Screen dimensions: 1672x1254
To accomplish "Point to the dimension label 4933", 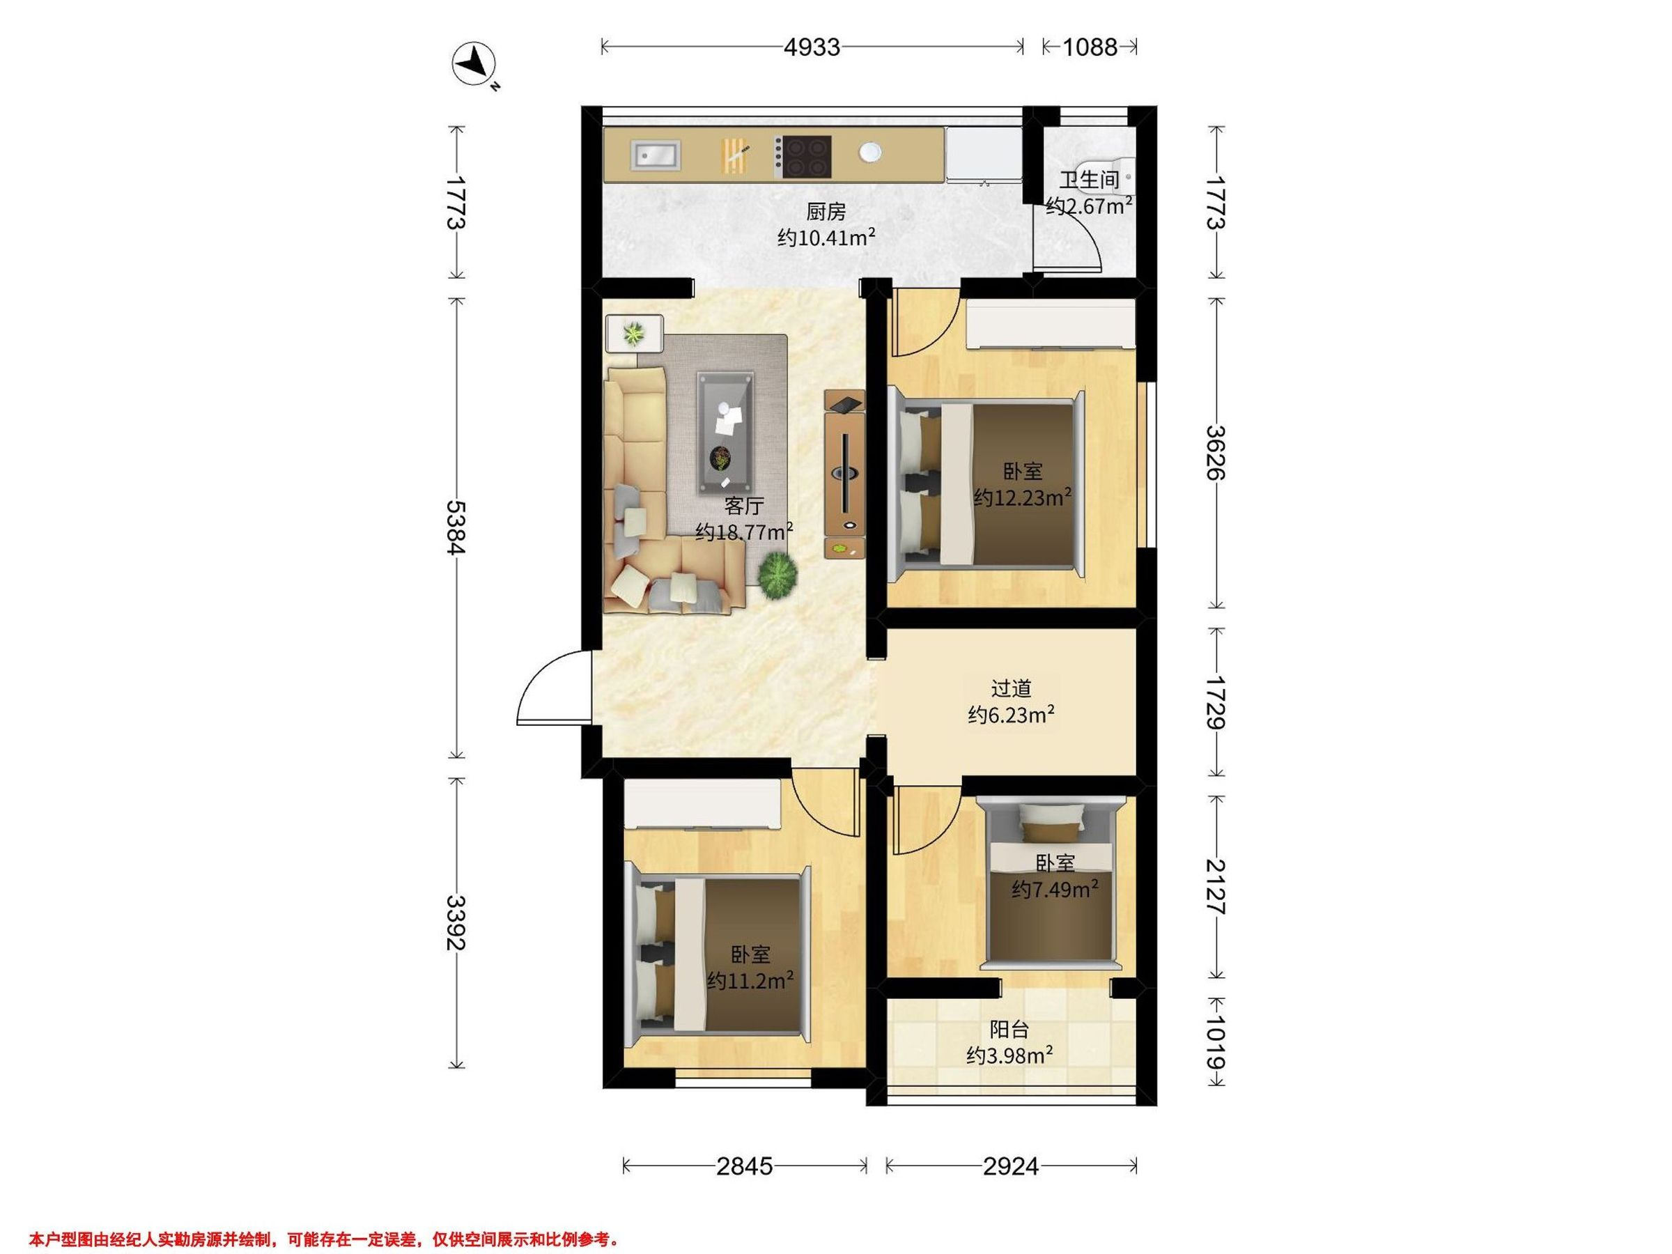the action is (x=811, y=47).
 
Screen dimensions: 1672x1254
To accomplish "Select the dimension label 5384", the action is (x=455, y=527).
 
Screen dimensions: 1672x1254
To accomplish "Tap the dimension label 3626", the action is (x=1216, y=453).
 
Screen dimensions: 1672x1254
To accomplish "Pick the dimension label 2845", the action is (x=745, y=1166).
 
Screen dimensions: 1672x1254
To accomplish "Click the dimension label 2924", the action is (x=1011, y=1166).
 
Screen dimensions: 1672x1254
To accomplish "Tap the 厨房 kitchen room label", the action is (x=826, y=212).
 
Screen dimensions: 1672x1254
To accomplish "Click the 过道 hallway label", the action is (x=1011, y=688).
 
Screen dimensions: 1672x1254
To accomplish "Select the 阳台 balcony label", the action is (x=1009, y=1030).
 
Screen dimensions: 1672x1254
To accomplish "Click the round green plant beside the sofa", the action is (x=777, y=575).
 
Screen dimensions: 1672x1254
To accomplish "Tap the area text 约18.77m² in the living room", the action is (x=744, y=532).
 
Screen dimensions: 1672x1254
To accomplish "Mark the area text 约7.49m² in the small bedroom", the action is (x=1055, y=890).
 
